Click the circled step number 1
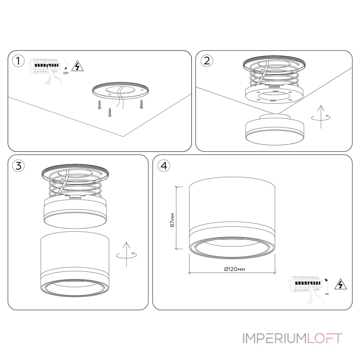point(18,61)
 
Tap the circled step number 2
point(207,61)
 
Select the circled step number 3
point(18,166)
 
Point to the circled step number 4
point(164,166)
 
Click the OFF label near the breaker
point(66,73)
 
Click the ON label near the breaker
point(327,294)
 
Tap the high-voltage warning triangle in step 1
point(77,66)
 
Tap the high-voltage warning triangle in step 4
point(341,284)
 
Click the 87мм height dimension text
point(172,220)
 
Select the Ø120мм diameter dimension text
point(234,269)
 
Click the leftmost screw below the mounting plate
point(99,105)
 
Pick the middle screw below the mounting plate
point(110,112)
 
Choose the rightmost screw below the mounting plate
point(141,104)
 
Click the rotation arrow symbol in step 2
point(321,117)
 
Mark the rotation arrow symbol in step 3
point(126,255)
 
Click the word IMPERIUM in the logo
point(274,338)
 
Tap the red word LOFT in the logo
point(324,338)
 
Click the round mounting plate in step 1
point(121,90)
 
